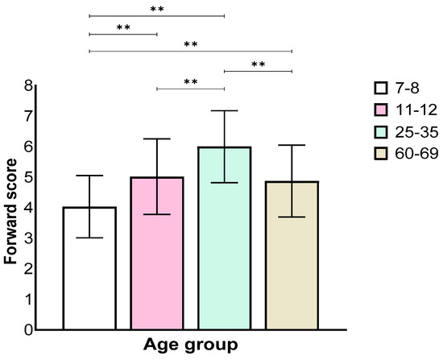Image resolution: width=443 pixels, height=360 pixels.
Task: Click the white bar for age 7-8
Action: tap(89, 268)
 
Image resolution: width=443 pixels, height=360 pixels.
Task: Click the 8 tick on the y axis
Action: tap(29, 85)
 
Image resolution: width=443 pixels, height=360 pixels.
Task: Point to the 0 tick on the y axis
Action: tap(29, 329)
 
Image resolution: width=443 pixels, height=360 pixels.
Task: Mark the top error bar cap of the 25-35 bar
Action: tap(224, 110)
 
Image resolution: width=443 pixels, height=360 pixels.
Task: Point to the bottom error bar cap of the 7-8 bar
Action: tap(89, 238)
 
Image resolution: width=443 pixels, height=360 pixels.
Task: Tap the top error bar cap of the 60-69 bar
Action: tap(292, 145)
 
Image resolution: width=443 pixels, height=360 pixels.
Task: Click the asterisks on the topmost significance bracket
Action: tap(156, 10)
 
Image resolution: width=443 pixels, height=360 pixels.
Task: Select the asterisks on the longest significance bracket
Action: tap(190, 45)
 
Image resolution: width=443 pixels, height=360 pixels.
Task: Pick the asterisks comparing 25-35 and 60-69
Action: tap(258, 65)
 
